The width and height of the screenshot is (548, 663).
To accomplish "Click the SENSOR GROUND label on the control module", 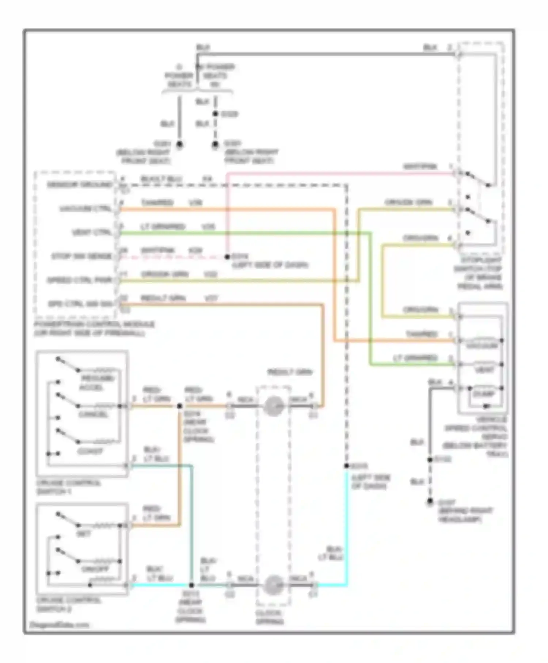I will point(80,185).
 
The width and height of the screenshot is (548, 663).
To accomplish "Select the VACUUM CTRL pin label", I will point(86,209).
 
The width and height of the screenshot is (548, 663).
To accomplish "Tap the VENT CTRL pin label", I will point(92,232).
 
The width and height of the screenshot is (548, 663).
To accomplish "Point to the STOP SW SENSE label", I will point(81,256).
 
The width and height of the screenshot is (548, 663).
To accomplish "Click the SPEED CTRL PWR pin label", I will point(80,280).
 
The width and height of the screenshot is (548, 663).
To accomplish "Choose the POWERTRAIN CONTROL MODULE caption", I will point(94,329).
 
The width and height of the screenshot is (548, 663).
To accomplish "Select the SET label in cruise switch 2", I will point(84,534).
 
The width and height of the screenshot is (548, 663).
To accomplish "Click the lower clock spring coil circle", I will point(274,585).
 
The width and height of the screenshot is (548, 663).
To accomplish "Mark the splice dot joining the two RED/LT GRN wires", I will point(180,406).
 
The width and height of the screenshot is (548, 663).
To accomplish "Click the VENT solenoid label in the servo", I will point(484,370).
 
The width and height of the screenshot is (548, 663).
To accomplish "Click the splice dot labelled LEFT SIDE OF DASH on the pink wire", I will point(227,257).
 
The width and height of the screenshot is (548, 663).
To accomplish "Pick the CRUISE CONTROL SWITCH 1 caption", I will point(68,487).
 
